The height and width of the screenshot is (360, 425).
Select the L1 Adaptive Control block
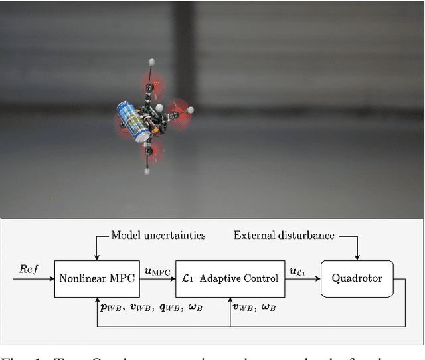230,278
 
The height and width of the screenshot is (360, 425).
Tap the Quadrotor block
357,278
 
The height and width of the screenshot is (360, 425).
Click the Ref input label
29,270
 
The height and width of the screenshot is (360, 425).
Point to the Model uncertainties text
158,235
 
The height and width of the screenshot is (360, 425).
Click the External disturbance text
284,235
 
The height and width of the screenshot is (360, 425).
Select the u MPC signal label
157,272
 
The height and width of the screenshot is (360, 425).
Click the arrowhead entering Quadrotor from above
357,258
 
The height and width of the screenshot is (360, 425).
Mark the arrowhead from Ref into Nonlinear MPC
52,278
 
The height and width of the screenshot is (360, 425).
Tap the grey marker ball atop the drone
151,62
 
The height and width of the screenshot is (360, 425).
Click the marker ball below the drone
147,171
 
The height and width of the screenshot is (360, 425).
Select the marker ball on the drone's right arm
190,110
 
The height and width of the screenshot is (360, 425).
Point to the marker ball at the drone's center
159,108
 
